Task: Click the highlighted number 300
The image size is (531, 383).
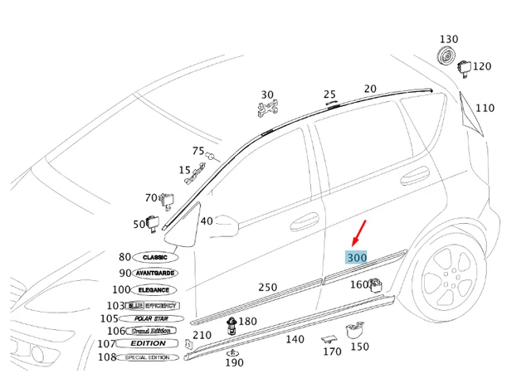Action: pyautogui.click(x=357, y=258)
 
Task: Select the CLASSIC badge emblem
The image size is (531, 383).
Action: pyautogui.click(x=155, y=258)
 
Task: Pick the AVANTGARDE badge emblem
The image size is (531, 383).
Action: pyautogui.click(x=155, y=273)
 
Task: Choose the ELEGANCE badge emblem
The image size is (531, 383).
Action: pyautogui.click(x=153, y=289)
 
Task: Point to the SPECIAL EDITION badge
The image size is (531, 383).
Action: pyautogui.click(x=146, y=357)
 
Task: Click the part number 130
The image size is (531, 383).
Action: pyautogui.click(x=449, y=39)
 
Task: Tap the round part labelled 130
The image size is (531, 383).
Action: pyautogui.click(x=447, y=57)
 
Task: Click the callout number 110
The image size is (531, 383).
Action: pyautogui.click(x=485, y=108)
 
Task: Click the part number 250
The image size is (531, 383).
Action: pyautogui.click(x=267, y=287)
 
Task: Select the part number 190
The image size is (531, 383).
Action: pyautogui.click(x=234, y=362)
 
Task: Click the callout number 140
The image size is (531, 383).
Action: pyautogui.click(x=295, y=339)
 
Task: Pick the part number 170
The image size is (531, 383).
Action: pyautogui.click(x=332, y=351)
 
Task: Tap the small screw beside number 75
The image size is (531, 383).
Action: pyautogui.click(x=212, y=156)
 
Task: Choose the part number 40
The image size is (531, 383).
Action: pyautogui.click(x=207, y=221)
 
